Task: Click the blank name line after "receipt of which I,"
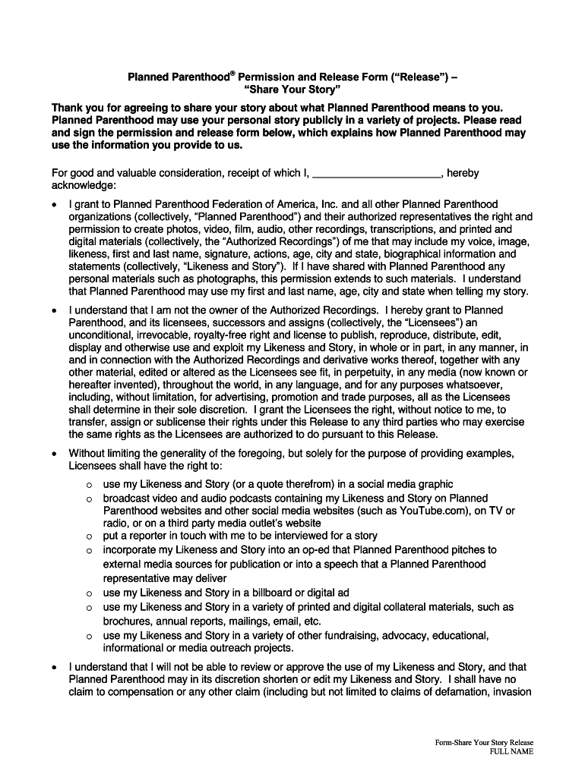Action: pos(377,173)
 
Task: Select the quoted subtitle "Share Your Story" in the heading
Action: pos(292,90)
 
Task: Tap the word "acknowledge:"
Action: pos(84,184)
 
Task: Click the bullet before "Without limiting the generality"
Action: pos(53,454)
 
